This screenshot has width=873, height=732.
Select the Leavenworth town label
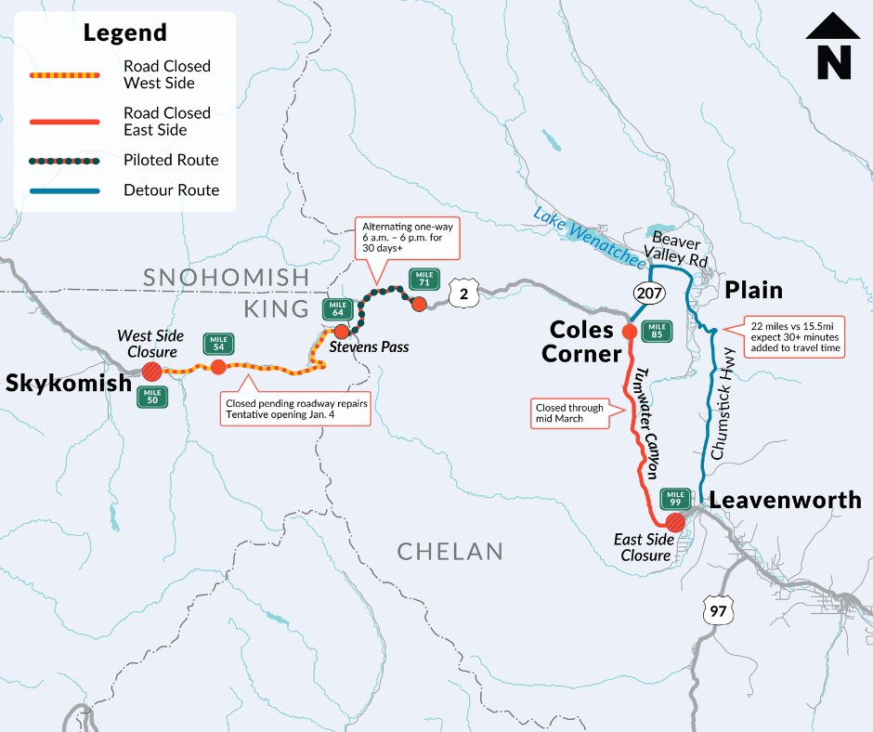tap(785, 501)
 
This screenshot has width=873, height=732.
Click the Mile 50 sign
tap(152, 397)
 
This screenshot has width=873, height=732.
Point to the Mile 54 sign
tap(219, 344)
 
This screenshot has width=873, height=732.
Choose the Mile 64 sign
tap(336, 309)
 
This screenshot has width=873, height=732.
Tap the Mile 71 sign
tap(424, 278)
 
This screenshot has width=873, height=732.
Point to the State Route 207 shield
tap(647, 294)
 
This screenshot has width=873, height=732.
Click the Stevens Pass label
tap(370, 347)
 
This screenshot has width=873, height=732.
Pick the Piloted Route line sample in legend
tap(64, 161)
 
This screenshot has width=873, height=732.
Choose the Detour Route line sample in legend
tap(64, 190)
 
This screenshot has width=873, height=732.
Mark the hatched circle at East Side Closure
tap(676, 522)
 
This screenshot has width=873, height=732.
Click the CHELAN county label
tap(450, 552)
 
